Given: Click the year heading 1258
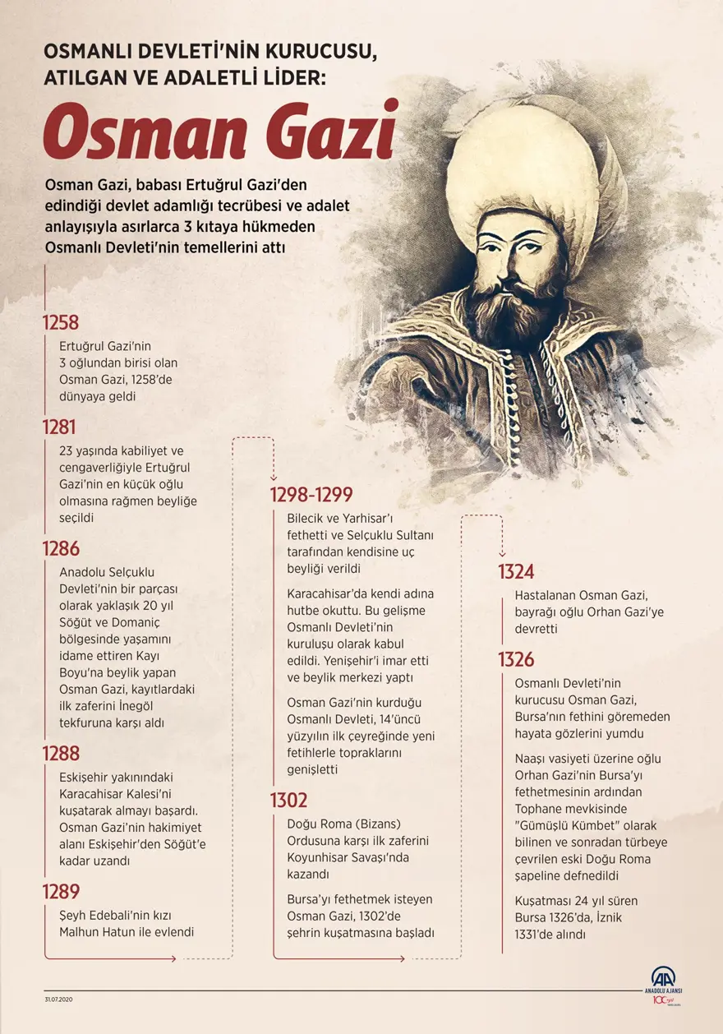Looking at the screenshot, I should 61,322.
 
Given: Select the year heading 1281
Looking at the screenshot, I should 59,427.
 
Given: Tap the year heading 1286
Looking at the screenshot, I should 62,549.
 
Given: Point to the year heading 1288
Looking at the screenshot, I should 62,754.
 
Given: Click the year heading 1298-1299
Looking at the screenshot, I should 311,495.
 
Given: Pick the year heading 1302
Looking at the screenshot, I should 289,800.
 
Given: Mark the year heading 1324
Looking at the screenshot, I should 516,572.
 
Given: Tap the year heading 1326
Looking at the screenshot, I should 516,659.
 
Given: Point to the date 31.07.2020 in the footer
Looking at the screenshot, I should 59,999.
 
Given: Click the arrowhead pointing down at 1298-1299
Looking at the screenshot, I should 273,478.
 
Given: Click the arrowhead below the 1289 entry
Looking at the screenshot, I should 172,958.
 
